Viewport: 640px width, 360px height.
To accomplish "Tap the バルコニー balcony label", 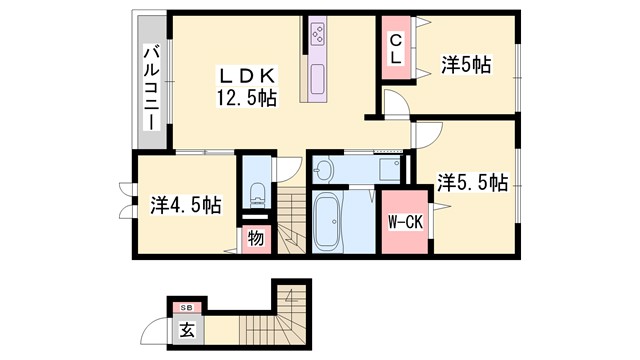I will (x=151, y=86).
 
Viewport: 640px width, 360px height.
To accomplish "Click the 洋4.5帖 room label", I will (x=186, y=205).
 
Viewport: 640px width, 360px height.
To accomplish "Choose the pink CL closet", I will (x=396, y=48).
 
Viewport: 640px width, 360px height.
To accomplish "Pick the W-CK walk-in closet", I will (x=405, y=221).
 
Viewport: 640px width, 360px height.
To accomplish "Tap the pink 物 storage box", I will (x=255, y=239).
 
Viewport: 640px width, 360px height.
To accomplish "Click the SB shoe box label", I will (x=185, y=307).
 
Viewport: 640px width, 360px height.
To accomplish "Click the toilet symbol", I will (x=255, y=191).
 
